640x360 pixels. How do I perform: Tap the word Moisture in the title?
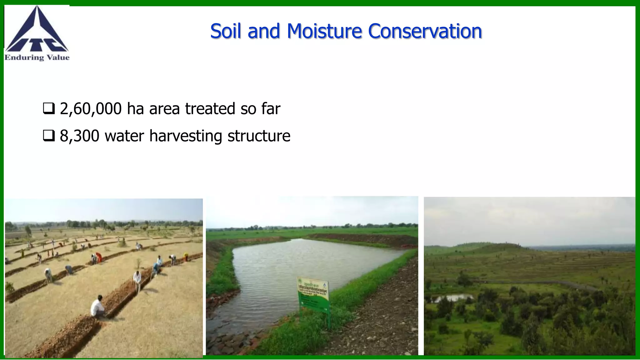[324, 31]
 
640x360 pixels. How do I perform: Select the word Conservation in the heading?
[425, 31]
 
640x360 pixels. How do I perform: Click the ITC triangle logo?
[37, 30]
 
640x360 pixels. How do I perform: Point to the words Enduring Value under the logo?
[37, 57]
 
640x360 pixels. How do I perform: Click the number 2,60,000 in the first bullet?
[91, 109]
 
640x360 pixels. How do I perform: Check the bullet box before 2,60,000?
[49, 108]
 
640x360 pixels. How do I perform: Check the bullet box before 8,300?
[49, 136]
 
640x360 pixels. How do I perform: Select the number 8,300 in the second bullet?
[79, 136]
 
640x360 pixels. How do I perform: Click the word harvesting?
[186, 136]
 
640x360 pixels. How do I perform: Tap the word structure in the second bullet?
[259, 136]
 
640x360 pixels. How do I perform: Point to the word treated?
[210, 109]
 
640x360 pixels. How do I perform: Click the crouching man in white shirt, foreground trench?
[98, 306]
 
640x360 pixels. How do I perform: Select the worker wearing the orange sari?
[99, 257]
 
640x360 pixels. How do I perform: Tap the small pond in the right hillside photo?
[453, 298]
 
